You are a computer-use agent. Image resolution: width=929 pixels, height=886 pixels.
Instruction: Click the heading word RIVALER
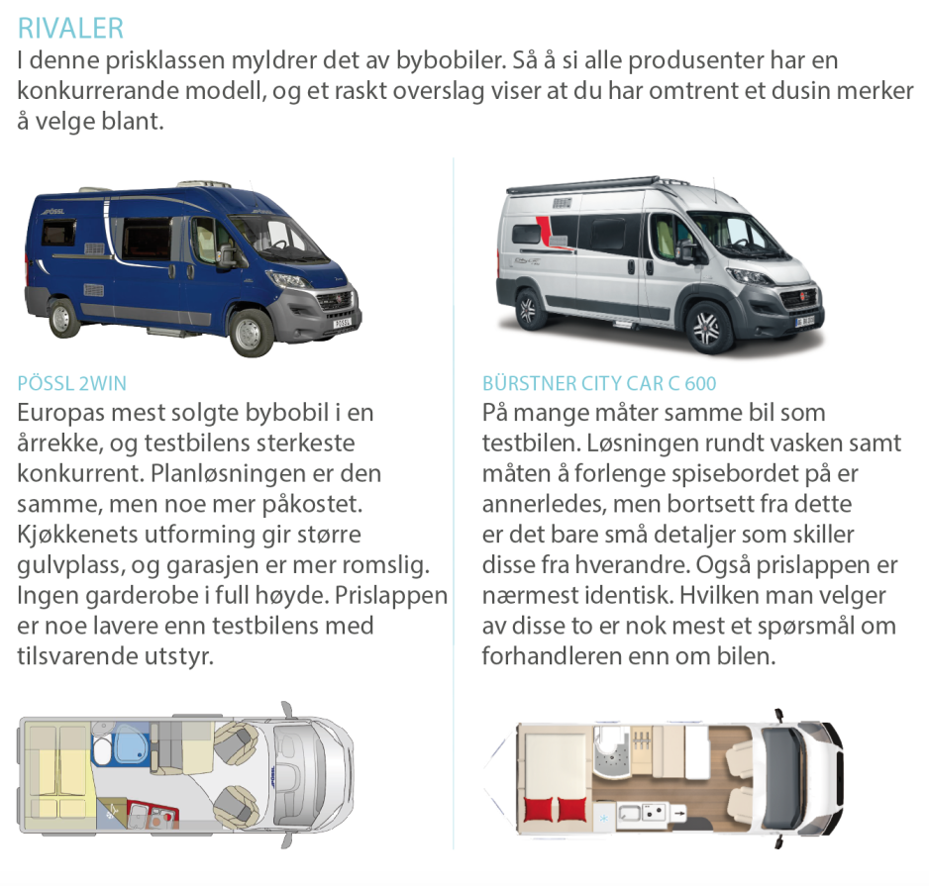click(x=70, y=26)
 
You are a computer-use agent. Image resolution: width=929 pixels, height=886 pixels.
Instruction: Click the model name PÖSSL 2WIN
click(x=72, y=383)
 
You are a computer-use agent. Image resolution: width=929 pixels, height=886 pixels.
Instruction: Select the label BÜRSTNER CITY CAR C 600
click(x=599, y=383)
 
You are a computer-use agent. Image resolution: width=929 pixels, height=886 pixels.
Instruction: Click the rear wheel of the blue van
click(x=65, y=317)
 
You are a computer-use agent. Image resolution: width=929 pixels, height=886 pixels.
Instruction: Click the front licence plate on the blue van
click(x=342, y=323)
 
